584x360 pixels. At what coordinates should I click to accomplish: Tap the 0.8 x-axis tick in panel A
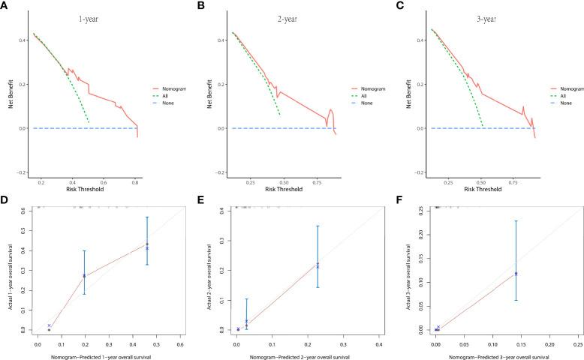tap(135, 181)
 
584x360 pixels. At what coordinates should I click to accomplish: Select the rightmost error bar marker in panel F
tap(516, 273)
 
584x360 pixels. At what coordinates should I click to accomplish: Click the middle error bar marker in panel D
tap(84, 275)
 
